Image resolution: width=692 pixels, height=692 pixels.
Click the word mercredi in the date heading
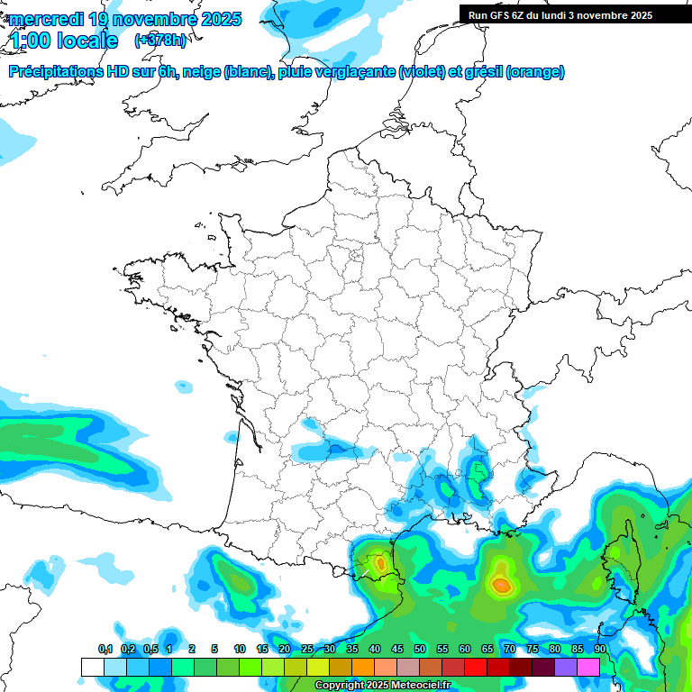coord(45,19)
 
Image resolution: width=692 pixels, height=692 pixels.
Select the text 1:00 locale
coord(63,41)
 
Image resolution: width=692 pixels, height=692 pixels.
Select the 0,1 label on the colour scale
coord(105,649)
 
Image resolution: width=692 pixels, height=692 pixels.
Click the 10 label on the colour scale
coord(240,649)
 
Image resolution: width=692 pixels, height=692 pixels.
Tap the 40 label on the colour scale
coord(374,649)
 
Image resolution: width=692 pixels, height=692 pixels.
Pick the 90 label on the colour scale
coord(599,649)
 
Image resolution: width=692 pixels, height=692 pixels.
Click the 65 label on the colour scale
coord(487,649)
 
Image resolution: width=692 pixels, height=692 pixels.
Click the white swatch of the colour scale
coord(92,667)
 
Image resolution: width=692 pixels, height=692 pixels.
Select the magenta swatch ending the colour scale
coord(588,667)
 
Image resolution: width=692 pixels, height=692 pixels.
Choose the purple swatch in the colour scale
coord(566,667)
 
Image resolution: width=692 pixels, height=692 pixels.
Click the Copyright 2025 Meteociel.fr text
coord(382,685)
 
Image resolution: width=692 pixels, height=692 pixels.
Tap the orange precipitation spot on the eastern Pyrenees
coord(379,563)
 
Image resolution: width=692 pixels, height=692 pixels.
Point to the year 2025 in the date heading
coord(220,19)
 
